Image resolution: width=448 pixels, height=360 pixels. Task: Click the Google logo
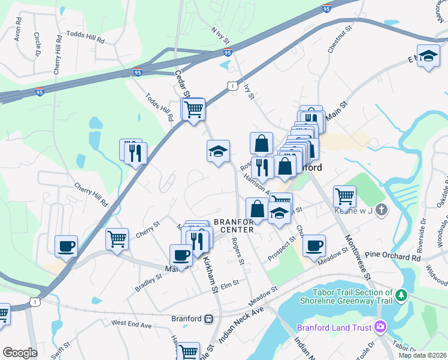[20, 353]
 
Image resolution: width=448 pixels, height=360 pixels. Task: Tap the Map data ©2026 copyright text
[423, 355]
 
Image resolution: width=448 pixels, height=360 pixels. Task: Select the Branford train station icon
[210, 319]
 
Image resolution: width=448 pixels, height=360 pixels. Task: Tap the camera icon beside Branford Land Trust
[379, 327]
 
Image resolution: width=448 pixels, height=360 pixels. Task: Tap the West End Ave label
[132, 323]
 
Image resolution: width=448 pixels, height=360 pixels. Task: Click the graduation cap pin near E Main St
[428, 56]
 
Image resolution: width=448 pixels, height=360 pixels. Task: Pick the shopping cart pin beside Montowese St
[344, 196]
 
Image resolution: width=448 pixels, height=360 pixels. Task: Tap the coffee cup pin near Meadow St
[314, 245]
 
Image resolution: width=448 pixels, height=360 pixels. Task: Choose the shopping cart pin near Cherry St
[117, 239]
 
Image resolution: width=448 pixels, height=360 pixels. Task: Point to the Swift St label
[57, 350]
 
